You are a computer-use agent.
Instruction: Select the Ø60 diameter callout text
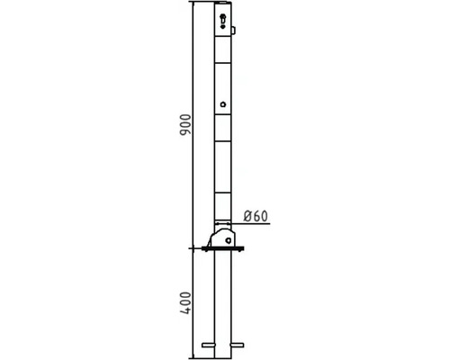[x=256, y=216]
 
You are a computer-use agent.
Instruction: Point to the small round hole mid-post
[x=222, y=105]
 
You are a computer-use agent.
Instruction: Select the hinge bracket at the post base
[x=222, y=239]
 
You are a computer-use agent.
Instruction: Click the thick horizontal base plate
[x=224, y=249]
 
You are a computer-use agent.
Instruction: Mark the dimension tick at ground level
[x=193, y=249]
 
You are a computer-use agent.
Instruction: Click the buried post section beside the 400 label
[x=222, y=301]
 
